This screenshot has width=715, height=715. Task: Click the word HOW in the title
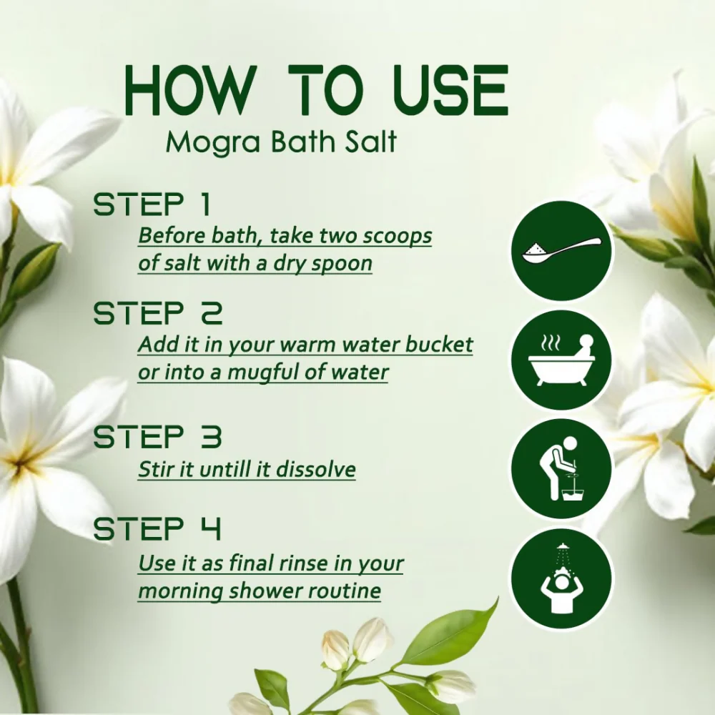[x=188, y=90]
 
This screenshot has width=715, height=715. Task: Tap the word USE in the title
[x=450, y=90]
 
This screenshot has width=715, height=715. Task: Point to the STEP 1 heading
[x=152, y=204]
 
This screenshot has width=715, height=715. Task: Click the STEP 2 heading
[x=158, y=313]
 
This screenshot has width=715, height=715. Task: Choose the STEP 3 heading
[x=157, y=436]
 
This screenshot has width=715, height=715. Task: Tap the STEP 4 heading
[x=157, y=529]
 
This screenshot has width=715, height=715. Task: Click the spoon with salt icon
[x=561, y=250]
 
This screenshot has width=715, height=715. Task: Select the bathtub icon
[x=561, y=360]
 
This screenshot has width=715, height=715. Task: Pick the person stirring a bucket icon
[x=561, y=469]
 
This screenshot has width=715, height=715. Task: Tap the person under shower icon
[x=561, y=579]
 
